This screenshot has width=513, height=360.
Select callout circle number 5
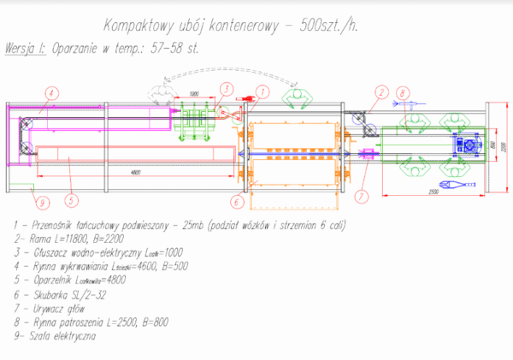[71, 202]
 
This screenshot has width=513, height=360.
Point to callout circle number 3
[225, 88]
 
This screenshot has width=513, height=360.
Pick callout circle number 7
[361, 195]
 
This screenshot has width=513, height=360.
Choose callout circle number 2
[378, 91]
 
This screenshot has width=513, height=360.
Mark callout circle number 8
[403, 91]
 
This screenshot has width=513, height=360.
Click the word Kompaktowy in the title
[145, 27]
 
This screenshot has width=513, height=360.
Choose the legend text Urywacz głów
[60, 309]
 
